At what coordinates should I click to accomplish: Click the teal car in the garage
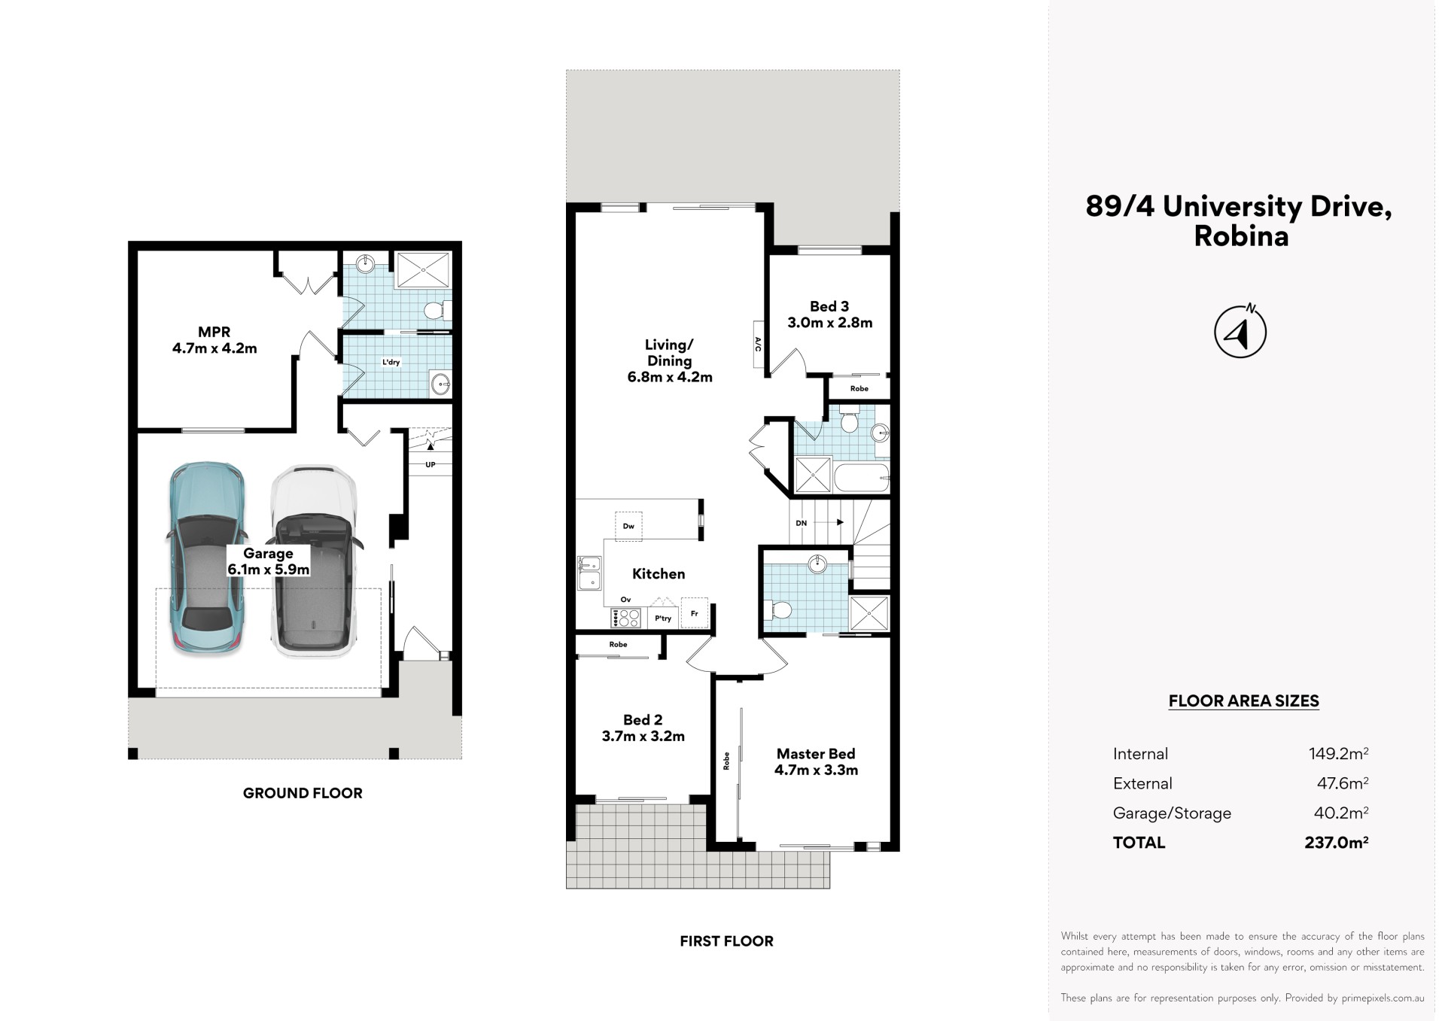[205, 558]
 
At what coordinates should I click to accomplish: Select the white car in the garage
[313, 561]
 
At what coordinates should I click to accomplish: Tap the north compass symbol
[1240, 331]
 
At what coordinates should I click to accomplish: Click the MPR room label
[214, 332]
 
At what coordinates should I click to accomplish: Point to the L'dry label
[391, 362]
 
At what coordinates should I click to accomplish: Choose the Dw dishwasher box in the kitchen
[628, 526]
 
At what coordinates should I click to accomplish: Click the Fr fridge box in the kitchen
[694, 613]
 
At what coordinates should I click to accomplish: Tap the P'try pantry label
[663, 618]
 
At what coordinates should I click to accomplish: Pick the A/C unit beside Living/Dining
[758, 345]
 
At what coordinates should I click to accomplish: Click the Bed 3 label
[829, 306]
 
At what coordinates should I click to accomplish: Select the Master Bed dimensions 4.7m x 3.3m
[816, 770]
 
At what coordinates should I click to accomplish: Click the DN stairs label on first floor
[802, 523]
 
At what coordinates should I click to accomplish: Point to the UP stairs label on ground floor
[430, 465]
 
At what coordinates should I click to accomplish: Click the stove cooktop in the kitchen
[626, 618]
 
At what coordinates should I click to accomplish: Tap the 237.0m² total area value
[1337, 843]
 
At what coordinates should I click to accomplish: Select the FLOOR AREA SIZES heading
[1243, 701]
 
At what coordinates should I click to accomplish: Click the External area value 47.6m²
[1343, 783]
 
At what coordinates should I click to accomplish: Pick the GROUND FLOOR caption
[303, 793]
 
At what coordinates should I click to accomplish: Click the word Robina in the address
[1241, 236]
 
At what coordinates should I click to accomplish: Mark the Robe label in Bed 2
[618, 644]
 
